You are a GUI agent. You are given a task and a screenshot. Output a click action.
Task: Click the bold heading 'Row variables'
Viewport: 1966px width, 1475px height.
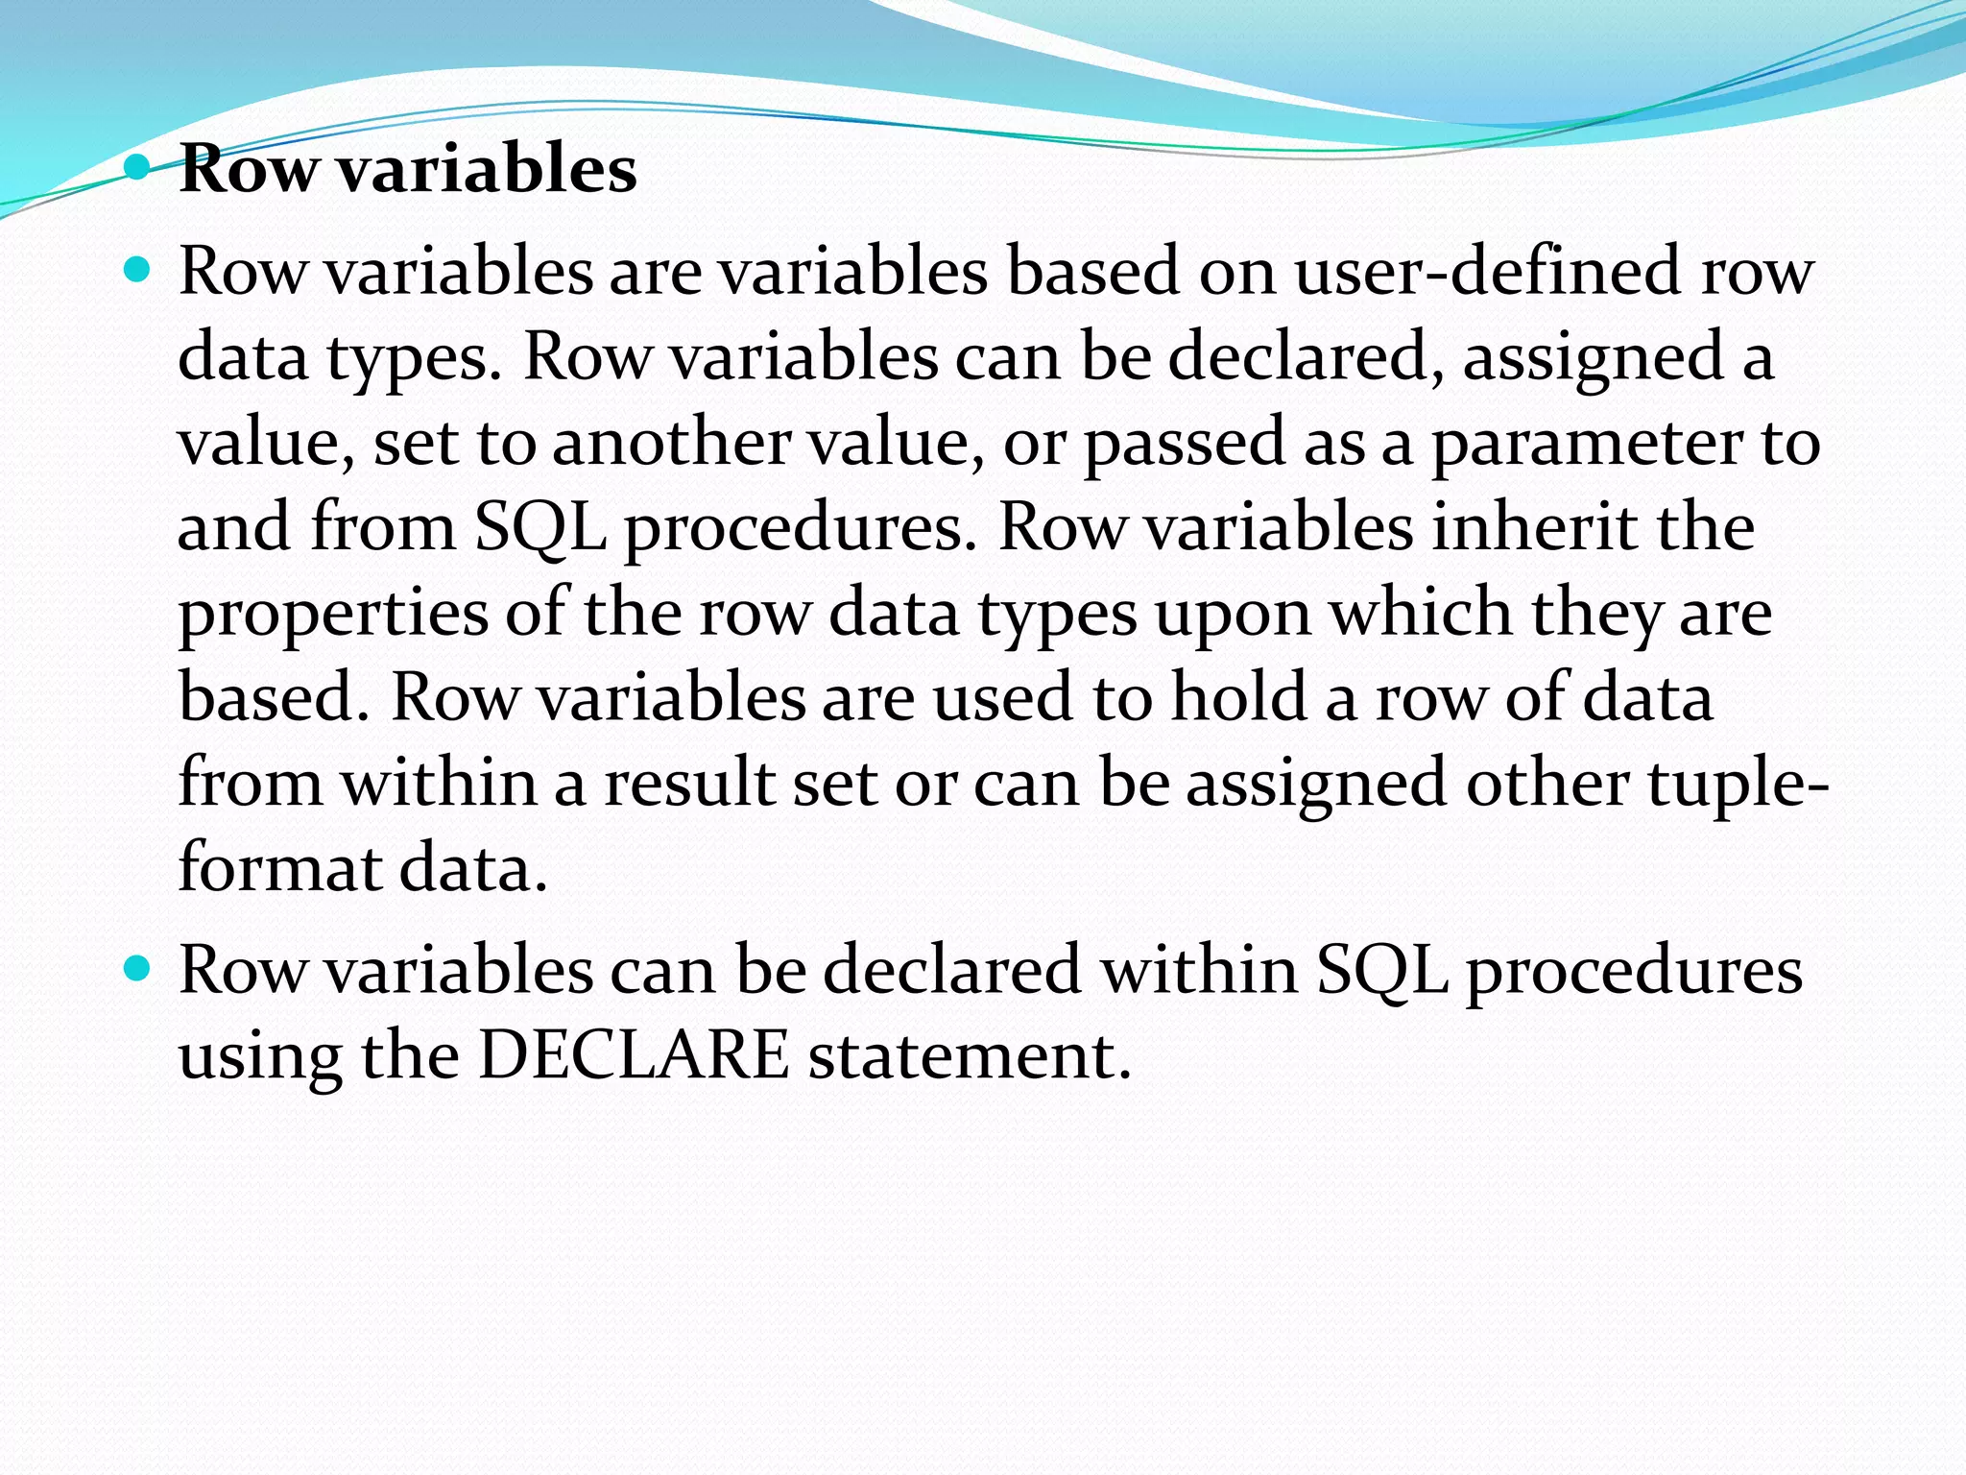tap(408, 169)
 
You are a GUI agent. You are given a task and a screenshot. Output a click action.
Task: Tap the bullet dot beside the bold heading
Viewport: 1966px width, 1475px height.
tap(138, 169)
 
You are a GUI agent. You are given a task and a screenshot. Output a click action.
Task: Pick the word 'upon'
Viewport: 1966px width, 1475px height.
tap(1233, 613)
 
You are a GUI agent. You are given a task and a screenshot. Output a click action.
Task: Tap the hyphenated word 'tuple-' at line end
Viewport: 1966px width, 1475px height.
tap(1738, 784)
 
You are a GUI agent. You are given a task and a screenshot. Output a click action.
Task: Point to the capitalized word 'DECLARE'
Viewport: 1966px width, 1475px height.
tap(634, 1055)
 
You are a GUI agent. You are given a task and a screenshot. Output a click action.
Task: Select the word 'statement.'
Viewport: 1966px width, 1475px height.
tap(970, 1055)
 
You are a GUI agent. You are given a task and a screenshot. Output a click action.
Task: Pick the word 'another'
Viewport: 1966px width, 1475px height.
tap(671, 443)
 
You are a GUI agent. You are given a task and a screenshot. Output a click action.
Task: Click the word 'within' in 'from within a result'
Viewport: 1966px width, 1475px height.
tap(439, 782)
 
